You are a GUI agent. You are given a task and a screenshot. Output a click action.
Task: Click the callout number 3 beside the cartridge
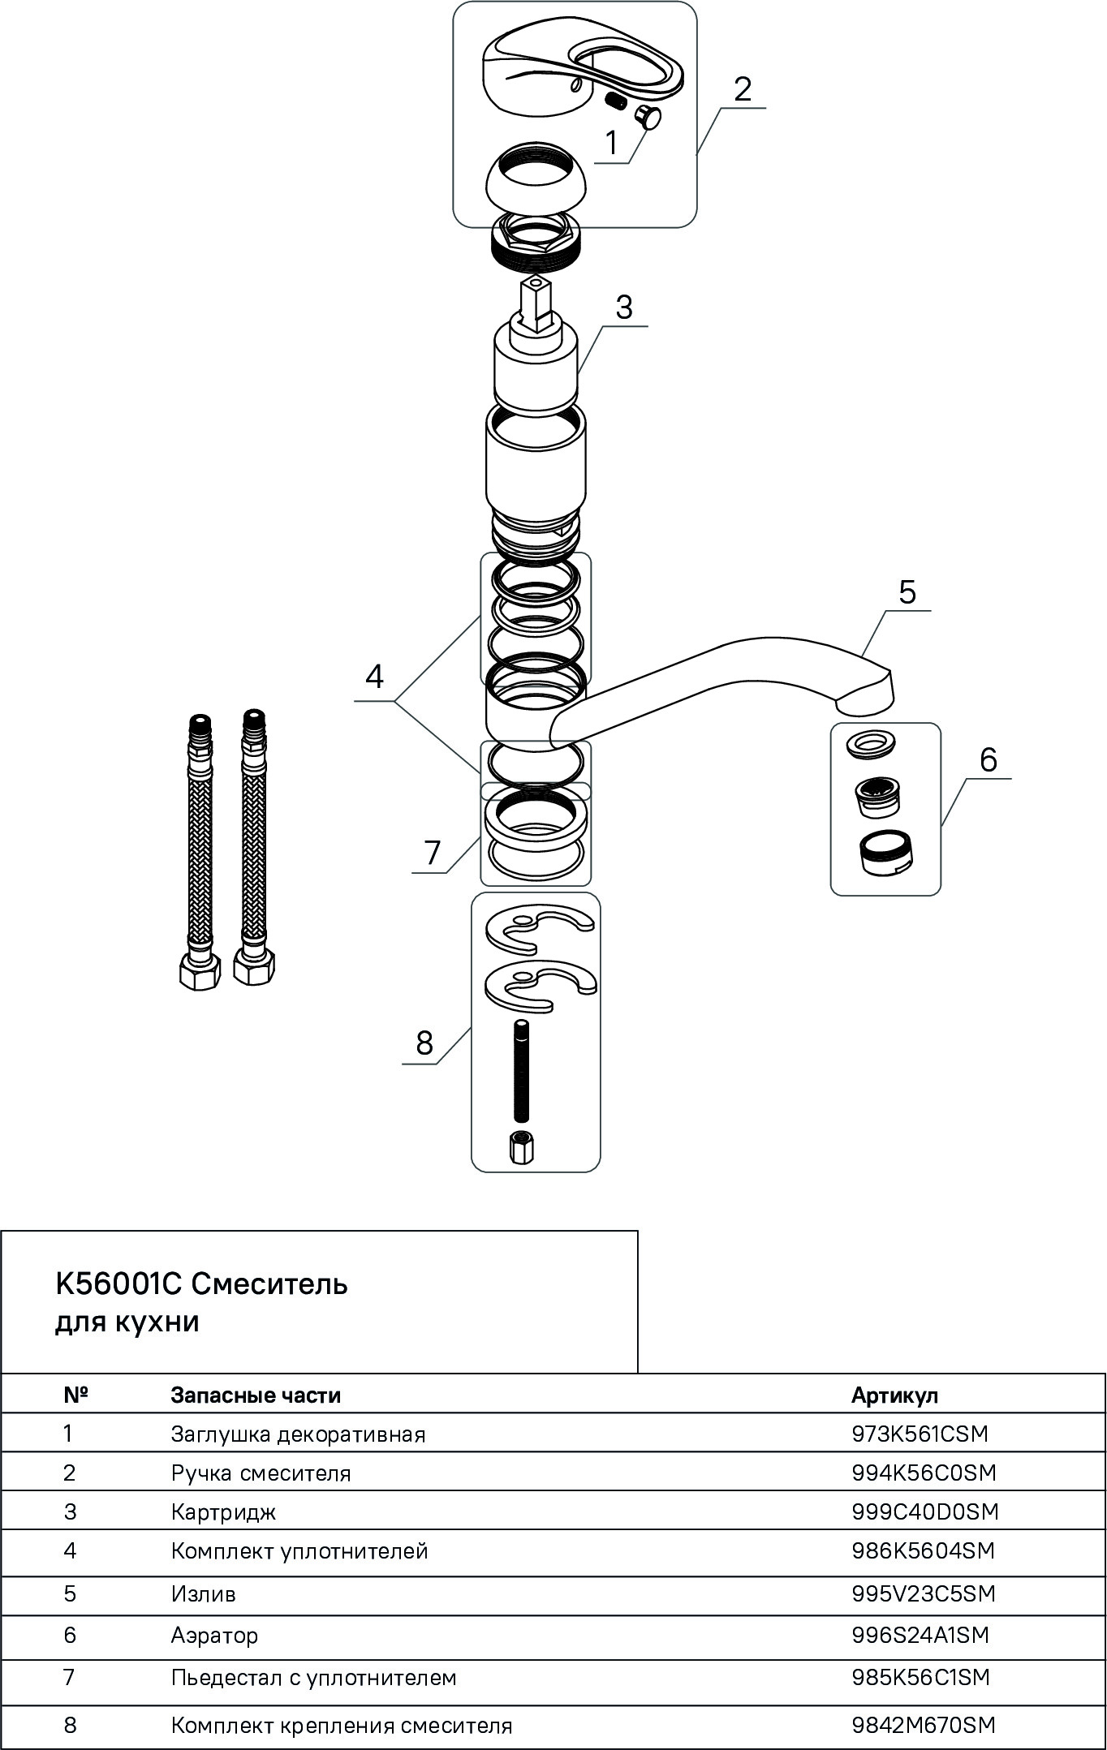(x=623, y=307)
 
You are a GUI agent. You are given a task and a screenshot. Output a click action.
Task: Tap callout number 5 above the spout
(x=907, y=591)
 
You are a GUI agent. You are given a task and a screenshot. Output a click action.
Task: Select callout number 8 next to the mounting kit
(x=424, y=1043)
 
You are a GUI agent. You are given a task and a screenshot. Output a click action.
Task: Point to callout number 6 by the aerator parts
(x=988, y=759)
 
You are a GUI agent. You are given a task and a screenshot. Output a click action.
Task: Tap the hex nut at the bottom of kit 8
(x=520, y=1148)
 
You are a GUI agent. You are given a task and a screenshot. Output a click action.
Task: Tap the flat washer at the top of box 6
(x=872, y=742)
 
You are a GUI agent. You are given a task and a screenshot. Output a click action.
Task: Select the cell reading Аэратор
(x=214, y=1635)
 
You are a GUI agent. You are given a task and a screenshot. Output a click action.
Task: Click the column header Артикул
(x=894, y=1395)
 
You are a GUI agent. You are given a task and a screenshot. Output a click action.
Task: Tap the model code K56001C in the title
(x=118, y=1283)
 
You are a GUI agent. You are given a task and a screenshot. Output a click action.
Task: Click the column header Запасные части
(x=256, y=1395)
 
